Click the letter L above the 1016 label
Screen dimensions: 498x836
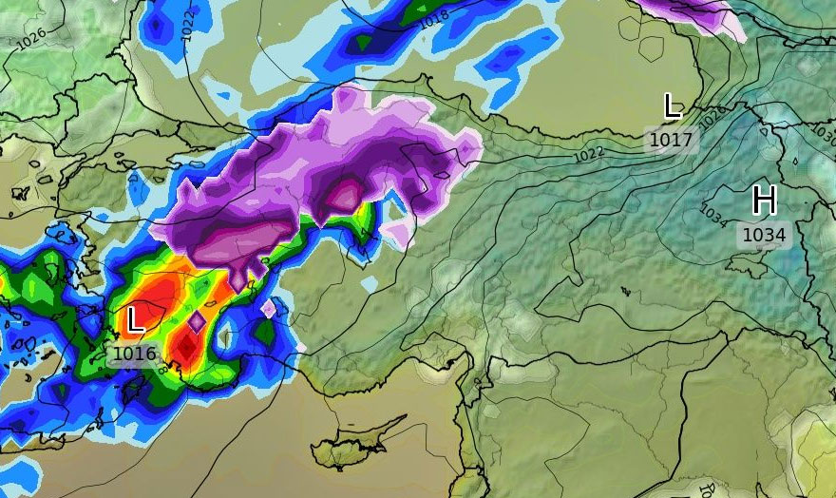tap(135, 319)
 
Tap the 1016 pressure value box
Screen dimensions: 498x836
tap(134, 354)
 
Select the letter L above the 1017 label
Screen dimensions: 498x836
tap(672, 106)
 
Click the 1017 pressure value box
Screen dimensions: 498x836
tap(672, 140)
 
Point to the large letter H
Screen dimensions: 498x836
tap(764, 201)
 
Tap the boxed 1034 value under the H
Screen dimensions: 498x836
tap(764, 234)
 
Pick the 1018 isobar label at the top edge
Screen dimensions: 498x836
tap(433, 17)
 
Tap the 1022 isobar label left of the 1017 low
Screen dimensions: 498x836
tap(589, 153)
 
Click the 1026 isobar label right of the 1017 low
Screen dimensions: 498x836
tap(712, 117)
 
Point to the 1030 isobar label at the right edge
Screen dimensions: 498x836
tap(824, 136)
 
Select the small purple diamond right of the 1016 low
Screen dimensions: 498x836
tap(197, 323)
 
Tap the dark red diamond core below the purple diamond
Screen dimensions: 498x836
tap(187, 350)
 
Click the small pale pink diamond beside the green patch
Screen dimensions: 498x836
tap(269, 309)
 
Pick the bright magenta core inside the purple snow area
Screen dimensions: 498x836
tap(344, 195)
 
